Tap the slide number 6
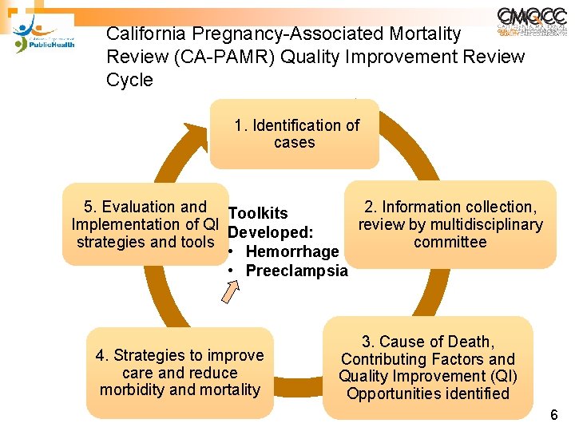pyautogui.click(x=554, y=415)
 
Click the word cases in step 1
pyautogui.click(x=294, y=143)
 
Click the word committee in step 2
pyautogui.click(x=450, y=242)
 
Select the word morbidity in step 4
pyautogui.click(x=133, y=389)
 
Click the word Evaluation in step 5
pyautogui.click(x=137, y=207)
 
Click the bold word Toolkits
pyautogui.click(x=258, y=213)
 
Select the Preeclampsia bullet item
pyautogui.click(x=296, y=271)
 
